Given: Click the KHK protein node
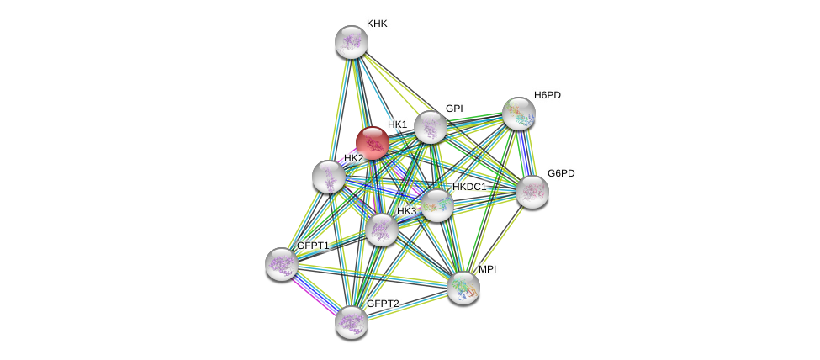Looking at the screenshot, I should click(x=351, y=42).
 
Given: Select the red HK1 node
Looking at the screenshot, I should click(x=372, y=143).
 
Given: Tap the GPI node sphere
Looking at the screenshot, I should click(x=430, y=128).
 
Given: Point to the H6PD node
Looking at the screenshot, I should click(x=518, y=114).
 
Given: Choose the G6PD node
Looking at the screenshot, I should click(x=532, y=192).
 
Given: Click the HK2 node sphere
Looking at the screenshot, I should click(x=328, y=177).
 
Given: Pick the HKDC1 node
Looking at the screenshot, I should click(x=436, y=205).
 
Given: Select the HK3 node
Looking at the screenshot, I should click(x=381, y=230).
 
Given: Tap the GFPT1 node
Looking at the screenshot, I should click(x=281, y=263).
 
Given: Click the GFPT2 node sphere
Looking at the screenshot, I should click(x=351, y=321).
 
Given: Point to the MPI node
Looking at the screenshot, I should click(x=463, y=288).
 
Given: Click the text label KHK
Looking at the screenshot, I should click(x=377, y=24).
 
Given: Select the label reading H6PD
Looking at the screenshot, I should click(x=547, y=95).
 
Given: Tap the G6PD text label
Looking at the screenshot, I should click(x=561, y=173).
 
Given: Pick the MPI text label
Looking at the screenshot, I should click(x=487, y=269).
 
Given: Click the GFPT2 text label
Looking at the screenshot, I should click(x=383, y=304).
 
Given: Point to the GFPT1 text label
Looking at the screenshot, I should click(x=313, y=246).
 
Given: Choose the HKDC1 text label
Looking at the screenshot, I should click(x=469, y=187).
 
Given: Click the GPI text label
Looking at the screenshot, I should click(x=454, y=109).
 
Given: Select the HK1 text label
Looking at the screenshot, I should click(x=397, y=124).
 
